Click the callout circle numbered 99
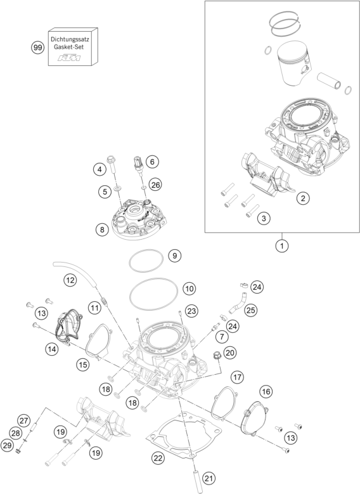point(37,47)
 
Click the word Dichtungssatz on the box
point(74,39)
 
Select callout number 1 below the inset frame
point(278,245)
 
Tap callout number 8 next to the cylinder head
point(101,230)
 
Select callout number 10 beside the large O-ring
point(188,289)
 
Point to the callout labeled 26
point(156,184)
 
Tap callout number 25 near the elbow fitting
point(250,310)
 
